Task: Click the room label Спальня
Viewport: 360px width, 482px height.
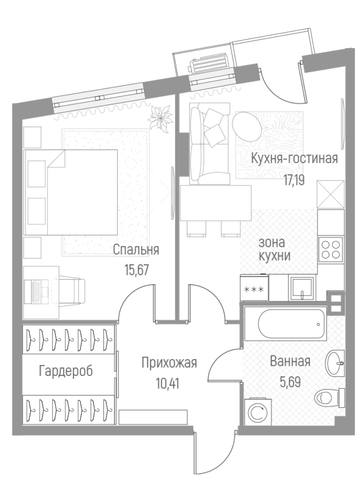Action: (136, 250)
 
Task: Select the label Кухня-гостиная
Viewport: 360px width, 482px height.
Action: (294, 158)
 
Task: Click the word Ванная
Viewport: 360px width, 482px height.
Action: (289, 361)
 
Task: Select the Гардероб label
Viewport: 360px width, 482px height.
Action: (66, 370)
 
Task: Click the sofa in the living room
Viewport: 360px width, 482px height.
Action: (209, 144)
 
